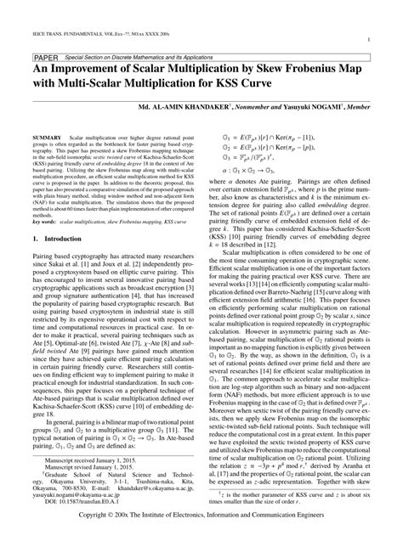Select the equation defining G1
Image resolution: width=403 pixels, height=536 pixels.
269,136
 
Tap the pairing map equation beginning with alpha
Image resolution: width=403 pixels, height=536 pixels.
255,169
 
